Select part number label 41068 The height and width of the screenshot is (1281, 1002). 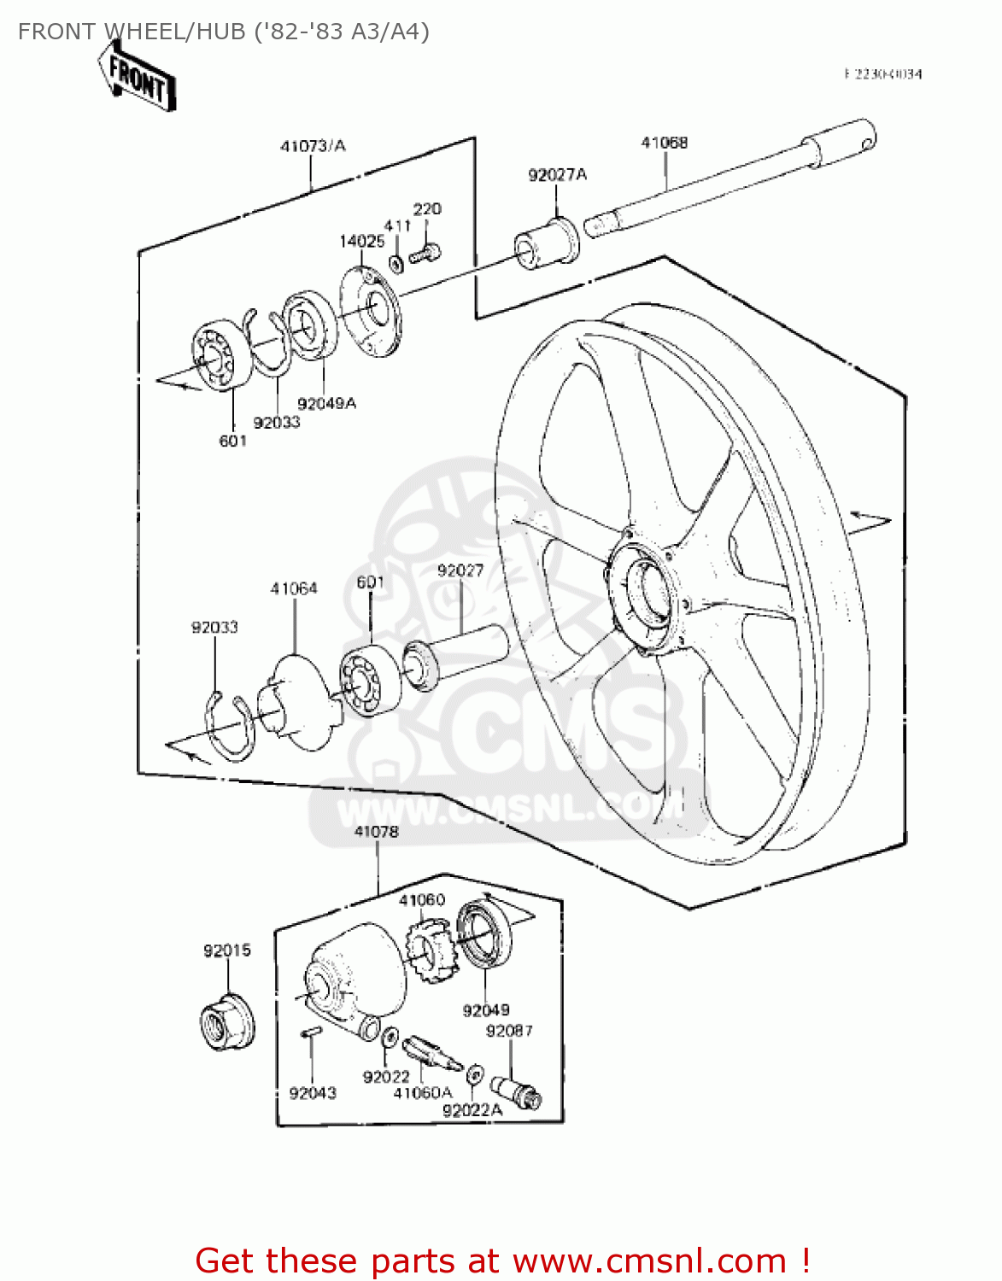[x=664, y=143]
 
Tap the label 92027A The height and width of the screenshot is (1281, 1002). [x=557, y=175]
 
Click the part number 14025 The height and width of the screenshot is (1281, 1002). [x=361, y=241]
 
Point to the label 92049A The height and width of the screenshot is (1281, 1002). [x=326, y=403]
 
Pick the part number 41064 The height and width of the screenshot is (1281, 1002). [x=294, y=588]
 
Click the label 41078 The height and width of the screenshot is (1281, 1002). [x=376, y=831]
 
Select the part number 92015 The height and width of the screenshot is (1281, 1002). [x=227, y=951]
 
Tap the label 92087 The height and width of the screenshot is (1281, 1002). [x=509, y=1031]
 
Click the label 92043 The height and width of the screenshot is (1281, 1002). [x=313, y=1092]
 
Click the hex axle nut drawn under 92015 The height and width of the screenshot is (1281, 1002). [x=227, y=1021]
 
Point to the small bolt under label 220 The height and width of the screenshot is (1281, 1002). [x=425, y=253]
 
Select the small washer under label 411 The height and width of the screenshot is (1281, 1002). [x=397, y=262]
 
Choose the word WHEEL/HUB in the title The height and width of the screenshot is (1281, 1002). [x=176, y=32]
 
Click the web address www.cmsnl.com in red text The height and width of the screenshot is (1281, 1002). [x=649, y=1261]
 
